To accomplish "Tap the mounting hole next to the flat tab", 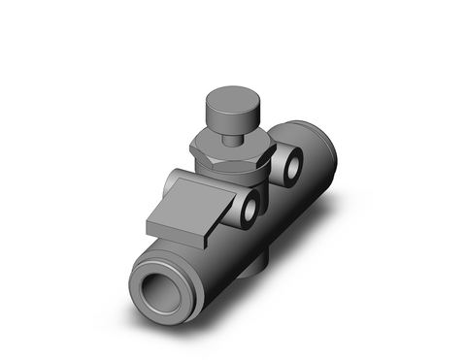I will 252,208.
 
